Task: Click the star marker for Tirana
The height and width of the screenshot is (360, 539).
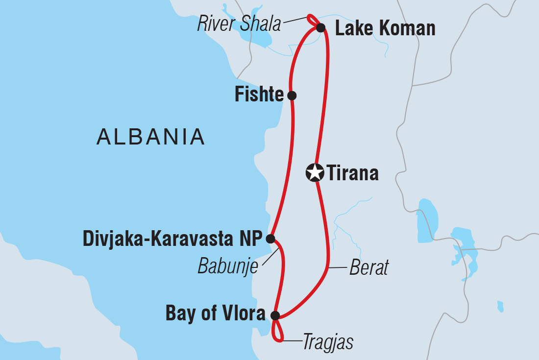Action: pyautogui.click(x=315, y=172)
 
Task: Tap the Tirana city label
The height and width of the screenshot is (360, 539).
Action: pyautogui.click(x=352, y=173)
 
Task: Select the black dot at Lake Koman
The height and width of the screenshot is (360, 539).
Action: pyautogui.click(x=320, y=27)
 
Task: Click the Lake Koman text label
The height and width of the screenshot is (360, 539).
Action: pyautogui.click(x=385, y=28)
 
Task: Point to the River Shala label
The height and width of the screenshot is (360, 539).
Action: pyautogui.click(x=239, y=24)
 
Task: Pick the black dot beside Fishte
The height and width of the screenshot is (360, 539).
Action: pyautogui.click(x=292, y=95)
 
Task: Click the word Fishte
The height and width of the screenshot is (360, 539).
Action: pyautogui.click(x=259, y=95)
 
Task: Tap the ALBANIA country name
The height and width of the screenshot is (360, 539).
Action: pyautogui.click(x=150, y=137)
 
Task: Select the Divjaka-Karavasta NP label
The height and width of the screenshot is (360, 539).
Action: pyautogui.click(x=172, y=239)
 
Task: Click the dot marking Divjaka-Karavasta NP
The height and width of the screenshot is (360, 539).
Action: pyautogui.click(x=270, y=239)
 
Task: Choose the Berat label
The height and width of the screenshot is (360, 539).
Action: pyautogui.click(x=369, y=268)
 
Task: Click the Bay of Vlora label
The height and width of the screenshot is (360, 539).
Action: pyautogui.click(x=216, y=314)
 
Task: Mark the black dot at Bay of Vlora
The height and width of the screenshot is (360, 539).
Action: pyautogui.click(x=275, y=315)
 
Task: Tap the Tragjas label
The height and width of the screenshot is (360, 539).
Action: pyautogui.click(x=327, y=342)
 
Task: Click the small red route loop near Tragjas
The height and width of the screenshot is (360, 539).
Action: pyautogui.click(x=277, y=332)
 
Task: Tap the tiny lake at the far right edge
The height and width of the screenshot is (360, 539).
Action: pyautogui.click(x=500, y=307)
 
